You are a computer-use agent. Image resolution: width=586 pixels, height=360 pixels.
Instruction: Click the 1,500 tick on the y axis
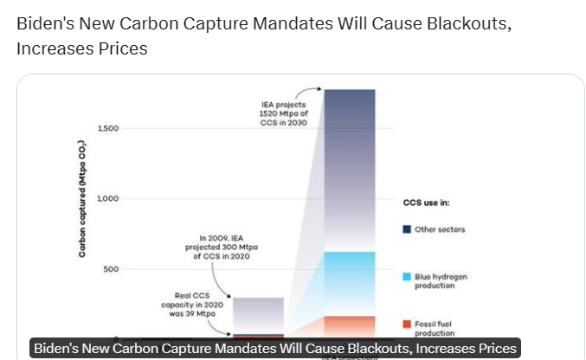[x=106, y=129]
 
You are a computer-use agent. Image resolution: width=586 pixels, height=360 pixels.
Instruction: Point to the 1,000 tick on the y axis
[x=106, y=199]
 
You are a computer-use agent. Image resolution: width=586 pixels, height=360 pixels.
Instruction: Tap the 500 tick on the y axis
[x=110, y=269]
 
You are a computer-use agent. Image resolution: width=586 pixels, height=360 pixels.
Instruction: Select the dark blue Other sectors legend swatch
[x=406, y=229]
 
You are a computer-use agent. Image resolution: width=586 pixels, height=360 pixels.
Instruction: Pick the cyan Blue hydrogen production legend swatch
[x=406, y=277]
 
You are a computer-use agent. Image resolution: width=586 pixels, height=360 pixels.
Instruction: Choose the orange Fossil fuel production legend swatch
[x=406, y=324]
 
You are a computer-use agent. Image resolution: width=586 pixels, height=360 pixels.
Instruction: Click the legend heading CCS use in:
[x=426, y=203]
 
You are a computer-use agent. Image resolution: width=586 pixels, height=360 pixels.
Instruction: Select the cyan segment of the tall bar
[x=350, y=282]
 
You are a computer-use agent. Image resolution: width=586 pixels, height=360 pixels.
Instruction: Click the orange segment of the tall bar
[x=350, y=326]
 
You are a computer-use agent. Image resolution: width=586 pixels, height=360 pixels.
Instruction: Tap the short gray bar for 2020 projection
[x=258, y=313]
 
